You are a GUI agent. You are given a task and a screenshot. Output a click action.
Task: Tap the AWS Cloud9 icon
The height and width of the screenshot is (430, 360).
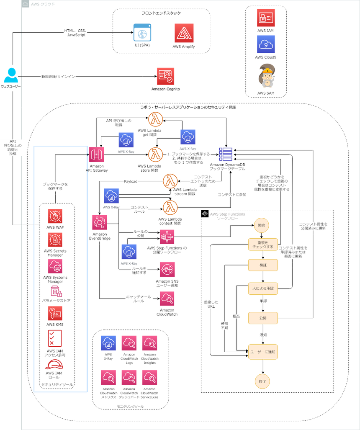pos(266,44)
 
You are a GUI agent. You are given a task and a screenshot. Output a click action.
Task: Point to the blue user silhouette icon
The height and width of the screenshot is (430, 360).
pos(11,75)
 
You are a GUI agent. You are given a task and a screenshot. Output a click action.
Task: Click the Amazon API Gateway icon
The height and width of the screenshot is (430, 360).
pos(97,154)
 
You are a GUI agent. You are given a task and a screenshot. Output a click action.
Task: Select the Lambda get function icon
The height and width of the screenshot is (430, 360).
pos(156,120)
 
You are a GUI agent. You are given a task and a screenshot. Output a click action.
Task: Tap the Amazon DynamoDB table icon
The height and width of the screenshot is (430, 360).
pos(226,154)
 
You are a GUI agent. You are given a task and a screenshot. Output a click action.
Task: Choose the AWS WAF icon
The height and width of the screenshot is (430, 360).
pos(55,216)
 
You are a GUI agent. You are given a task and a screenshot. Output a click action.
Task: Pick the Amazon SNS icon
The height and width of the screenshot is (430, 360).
pos(167,270)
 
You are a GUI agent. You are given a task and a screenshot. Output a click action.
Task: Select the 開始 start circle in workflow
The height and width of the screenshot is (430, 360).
pos(261,225)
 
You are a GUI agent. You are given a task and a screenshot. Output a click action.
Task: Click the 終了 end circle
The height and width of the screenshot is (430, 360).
pos(262,381)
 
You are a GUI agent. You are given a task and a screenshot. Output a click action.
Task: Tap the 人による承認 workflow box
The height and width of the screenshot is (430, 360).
pos(263,288)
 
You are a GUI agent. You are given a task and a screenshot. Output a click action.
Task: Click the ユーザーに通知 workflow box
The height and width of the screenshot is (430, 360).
pos(263,352)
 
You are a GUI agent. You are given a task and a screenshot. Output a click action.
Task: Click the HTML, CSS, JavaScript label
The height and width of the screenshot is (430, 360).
pos(75,33)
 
